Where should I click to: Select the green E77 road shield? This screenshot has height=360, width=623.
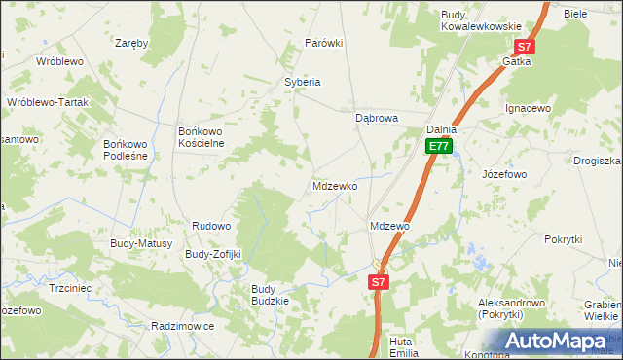pyautogui.click(x=438, y=147)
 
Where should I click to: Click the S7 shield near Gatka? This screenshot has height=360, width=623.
pyautogui.click(x=524, y=47)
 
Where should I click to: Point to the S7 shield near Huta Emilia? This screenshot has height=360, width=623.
pyautogui.click(x=380, y=282)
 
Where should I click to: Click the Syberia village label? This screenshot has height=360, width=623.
pyautogui.click(x=302, y=82)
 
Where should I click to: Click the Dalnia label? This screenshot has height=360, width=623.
pyautogui.click(x=442, y=129)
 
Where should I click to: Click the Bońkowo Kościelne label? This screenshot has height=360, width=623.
pyautogui.click(x=202, y=136)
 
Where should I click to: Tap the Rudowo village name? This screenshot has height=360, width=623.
pyautogui.click(x=211, y=226)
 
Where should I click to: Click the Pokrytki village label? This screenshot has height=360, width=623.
pyautogui.click(x=563, y=238)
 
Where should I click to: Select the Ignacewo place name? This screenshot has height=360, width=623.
pyautogui.click(x=528, y=108)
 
